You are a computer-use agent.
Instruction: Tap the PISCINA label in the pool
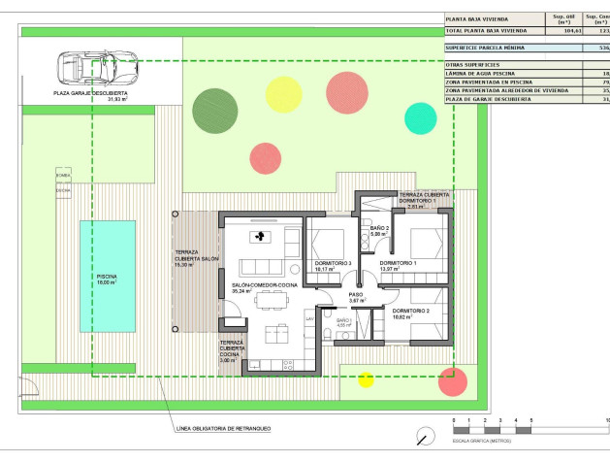tap(107, 277)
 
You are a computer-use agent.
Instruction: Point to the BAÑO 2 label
tap(379, 228)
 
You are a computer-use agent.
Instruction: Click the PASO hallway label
tap(355, 294)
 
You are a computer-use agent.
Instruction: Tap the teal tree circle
tap(420, 116)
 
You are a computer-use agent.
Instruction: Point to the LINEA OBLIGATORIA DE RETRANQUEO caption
tap(225, 428)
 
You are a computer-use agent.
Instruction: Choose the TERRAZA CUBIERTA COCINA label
tap(232, 348)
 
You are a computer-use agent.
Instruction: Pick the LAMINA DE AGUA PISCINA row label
tap(479, 74)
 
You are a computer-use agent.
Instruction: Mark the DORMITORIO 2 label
tap(410, 311)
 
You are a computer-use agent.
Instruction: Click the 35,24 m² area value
tap(241, 291)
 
